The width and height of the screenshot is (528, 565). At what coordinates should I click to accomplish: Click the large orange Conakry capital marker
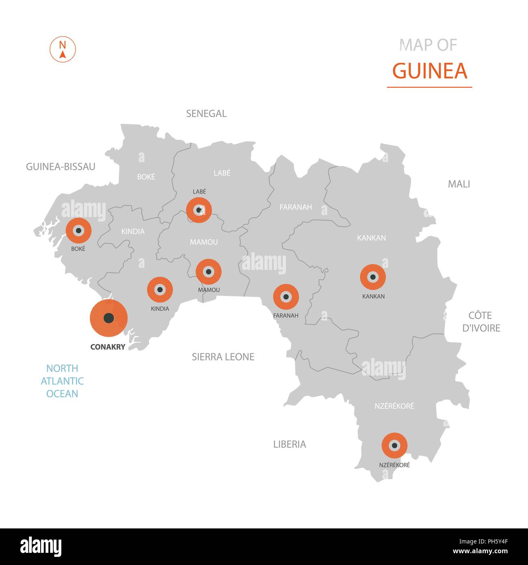pos(108,318)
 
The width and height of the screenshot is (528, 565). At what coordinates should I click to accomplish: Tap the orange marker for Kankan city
pos(373,277)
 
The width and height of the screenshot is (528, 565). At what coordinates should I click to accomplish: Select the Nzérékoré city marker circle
pos(394,445)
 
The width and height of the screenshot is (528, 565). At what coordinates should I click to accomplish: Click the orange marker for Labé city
pos(199,210)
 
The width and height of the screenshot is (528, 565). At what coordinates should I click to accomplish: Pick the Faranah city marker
pos(286,297)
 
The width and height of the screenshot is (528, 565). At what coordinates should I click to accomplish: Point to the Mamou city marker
pos(208,272)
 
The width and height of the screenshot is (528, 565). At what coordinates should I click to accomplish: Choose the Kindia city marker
pos(160,290)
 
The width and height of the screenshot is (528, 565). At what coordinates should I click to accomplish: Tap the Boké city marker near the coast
pos(78,230)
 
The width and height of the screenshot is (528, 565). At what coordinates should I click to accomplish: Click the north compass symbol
pos(63,49)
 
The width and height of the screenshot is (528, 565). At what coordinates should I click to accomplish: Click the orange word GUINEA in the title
pos(430,71)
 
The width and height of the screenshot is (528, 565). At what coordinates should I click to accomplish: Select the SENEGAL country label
pos(206,114)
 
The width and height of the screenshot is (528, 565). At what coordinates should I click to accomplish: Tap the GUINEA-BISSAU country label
pos(61,167)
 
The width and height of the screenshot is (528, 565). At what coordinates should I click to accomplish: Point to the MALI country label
pos(459,184)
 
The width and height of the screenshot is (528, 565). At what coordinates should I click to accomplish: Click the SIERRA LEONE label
pos(223,357)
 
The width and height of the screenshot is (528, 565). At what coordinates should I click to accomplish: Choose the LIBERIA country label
pos(290,444)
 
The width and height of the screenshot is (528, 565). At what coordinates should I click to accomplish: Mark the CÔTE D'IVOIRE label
pos(481,322)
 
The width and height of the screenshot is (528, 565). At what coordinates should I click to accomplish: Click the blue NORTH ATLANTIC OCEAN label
pos(62,381)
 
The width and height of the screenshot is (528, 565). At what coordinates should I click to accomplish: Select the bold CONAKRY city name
pos(108,347)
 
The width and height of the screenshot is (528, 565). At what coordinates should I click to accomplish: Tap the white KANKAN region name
pos(371,238)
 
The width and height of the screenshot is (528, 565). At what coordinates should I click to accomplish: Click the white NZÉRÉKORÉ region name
pos(394,406)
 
